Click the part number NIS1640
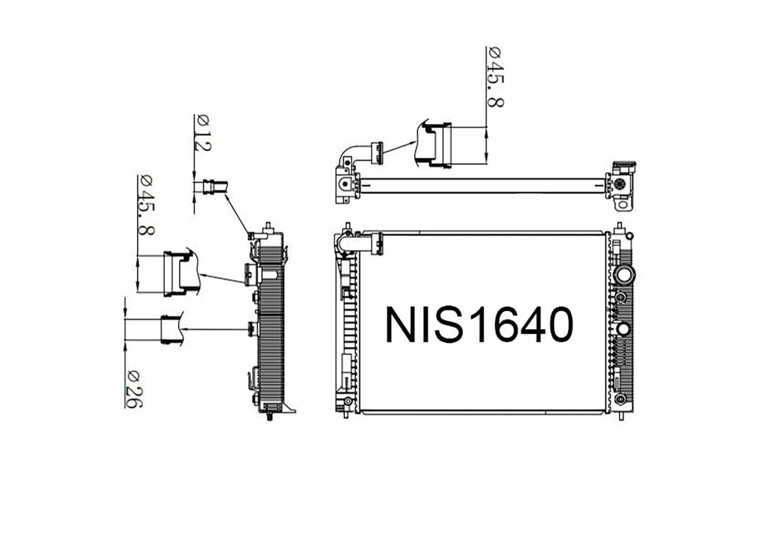(479, 324)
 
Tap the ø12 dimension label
(203, 133)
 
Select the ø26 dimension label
(133, 389)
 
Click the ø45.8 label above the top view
(495, 77)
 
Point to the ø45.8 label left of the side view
(146, 204)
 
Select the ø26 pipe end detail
(170, 329)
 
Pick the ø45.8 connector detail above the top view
(434, 145)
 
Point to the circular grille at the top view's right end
(620, 184)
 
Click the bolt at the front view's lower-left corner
(346, 403)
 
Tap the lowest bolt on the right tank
(620, 399)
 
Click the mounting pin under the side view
(269, 416)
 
